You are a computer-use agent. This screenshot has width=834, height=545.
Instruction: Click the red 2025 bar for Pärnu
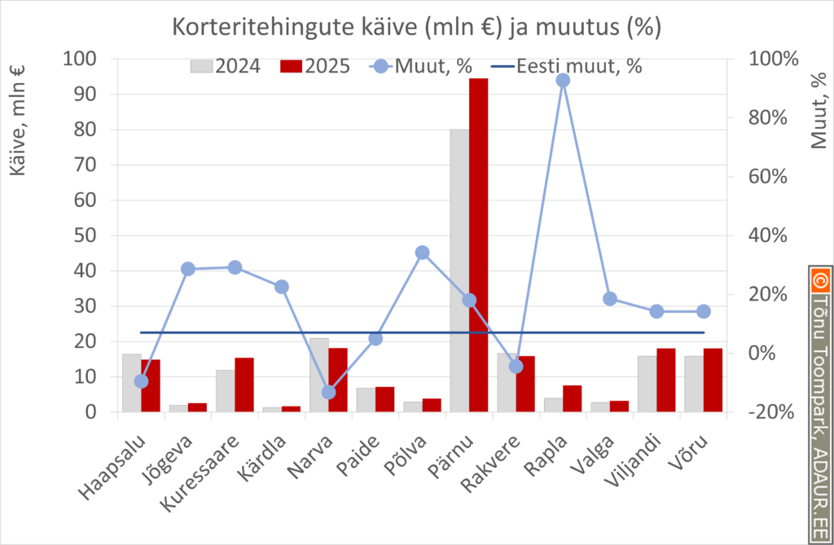pos(479,244)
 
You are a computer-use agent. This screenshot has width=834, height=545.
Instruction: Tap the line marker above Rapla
pos(563,80)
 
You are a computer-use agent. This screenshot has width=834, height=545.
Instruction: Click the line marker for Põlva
pos(423,253)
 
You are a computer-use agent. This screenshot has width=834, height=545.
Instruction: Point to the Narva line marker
pos(328,392)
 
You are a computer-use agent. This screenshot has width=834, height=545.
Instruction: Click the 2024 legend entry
pos(226,66)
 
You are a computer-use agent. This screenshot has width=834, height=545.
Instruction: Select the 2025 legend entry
pos(314,66)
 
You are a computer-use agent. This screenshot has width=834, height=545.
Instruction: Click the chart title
pos(415,27)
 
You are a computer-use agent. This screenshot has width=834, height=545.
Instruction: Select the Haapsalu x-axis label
pos(116,468)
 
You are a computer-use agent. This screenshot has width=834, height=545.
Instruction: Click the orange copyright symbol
pos(819,282)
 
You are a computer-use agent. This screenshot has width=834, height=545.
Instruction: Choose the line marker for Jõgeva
pos(188,269)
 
